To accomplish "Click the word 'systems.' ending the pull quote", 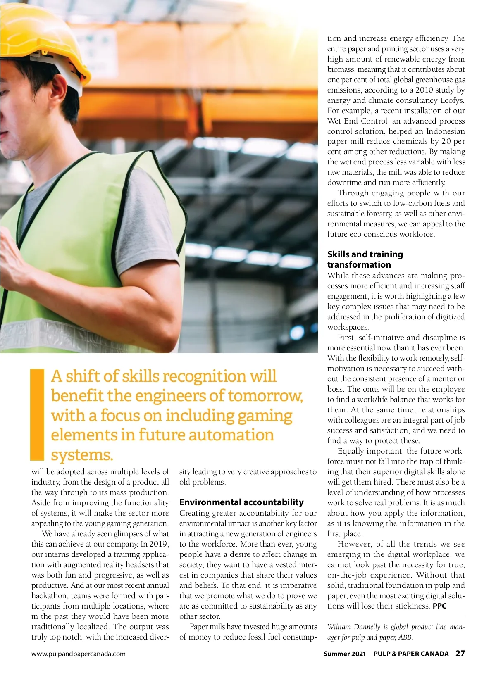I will [82, 455].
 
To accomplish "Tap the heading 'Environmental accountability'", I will [241, 502].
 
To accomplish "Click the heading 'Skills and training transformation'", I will [365, 259].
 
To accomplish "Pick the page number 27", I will [460, 654].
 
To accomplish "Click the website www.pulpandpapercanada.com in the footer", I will [79, 654].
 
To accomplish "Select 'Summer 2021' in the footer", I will [344, 654].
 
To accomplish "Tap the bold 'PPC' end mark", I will [439, 606].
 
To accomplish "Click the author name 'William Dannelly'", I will [353, 627].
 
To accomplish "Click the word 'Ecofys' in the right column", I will [452, 100].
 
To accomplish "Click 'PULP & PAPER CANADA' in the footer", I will [411, 654].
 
